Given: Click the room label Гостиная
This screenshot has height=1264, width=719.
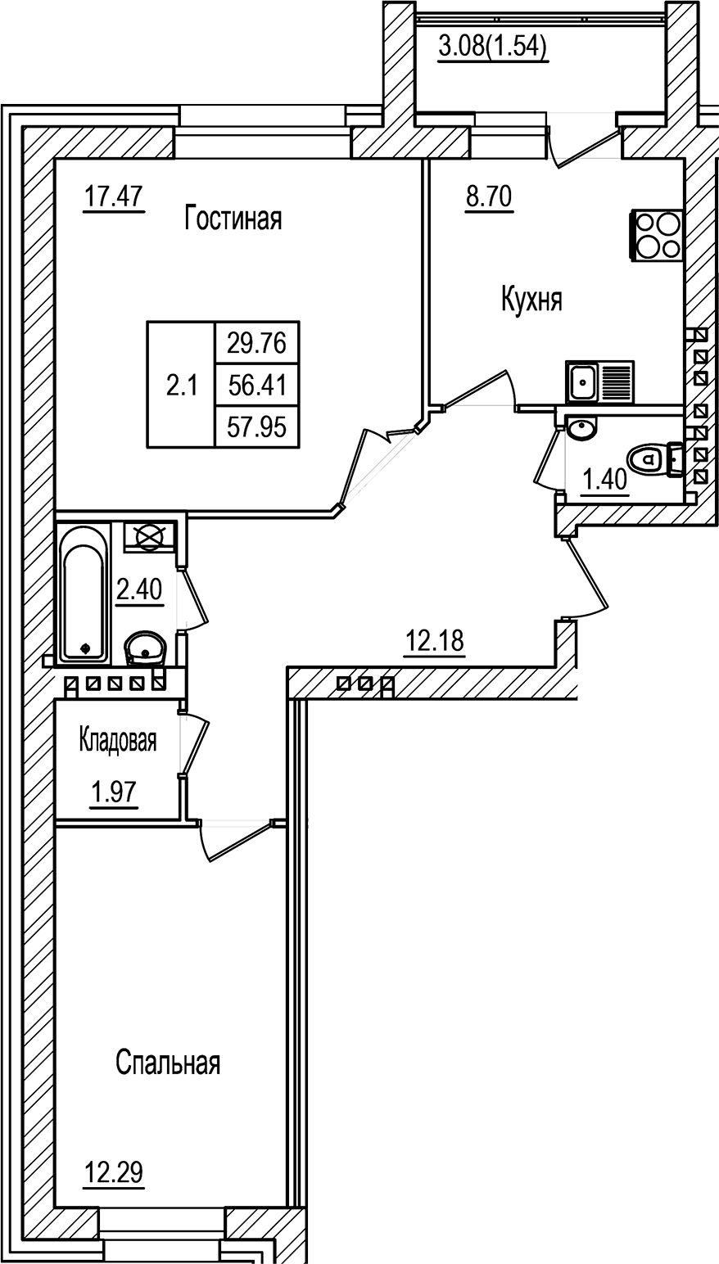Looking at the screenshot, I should (233, 219).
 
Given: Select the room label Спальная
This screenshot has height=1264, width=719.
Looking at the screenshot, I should (168, 1063).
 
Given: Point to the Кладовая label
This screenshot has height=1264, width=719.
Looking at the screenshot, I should (117, 740).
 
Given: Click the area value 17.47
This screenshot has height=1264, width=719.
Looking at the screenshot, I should (114, 197).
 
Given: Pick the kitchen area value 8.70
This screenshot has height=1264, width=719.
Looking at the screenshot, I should (488, 197).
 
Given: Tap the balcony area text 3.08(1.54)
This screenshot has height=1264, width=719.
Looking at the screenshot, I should (493, 47).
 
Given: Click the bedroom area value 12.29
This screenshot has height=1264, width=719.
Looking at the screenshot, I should (114, 1173).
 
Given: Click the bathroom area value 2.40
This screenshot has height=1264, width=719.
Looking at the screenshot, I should (139, 589).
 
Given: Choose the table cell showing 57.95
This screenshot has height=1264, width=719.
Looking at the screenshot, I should (256, 427).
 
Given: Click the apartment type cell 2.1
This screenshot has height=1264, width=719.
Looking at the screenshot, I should (182, 386).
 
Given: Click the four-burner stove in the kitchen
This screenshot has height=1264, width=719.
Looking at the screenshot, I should (656, 235).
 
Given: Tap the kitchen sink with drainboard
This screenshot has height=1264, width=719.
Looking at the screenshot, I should (599, 381).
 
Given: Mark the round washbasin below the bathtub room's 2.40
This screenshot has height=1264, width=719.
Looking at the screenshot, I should (146, 650).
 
